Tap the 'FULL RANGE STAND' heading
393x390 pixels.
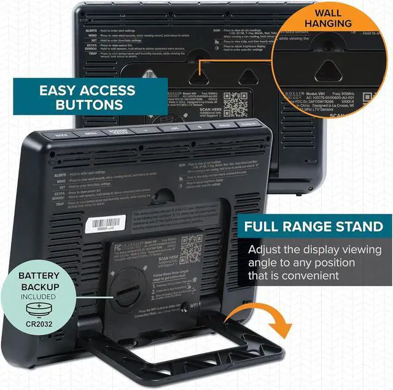317,226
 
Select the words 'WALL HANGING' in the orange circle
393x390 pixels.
337,18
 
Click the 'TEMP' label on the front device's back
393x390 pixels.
58,203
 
